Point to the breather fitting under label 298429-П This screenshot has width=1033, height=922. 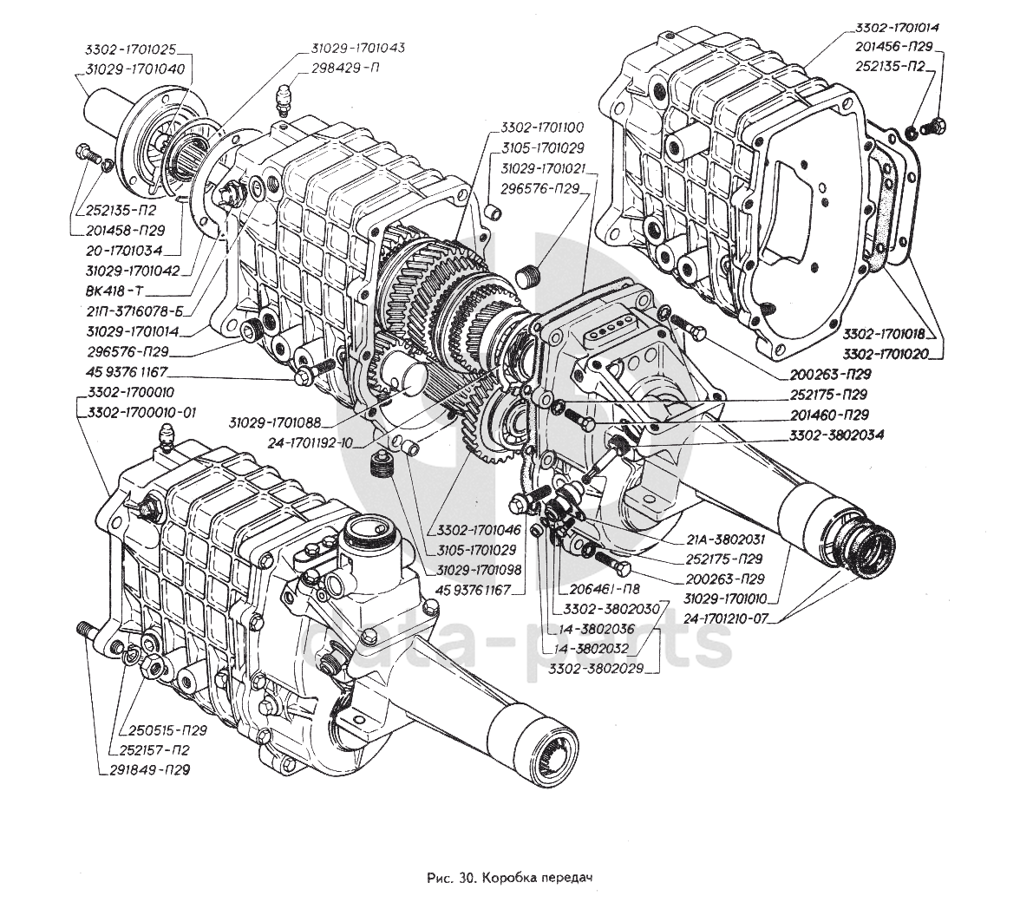click(281, 101)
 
